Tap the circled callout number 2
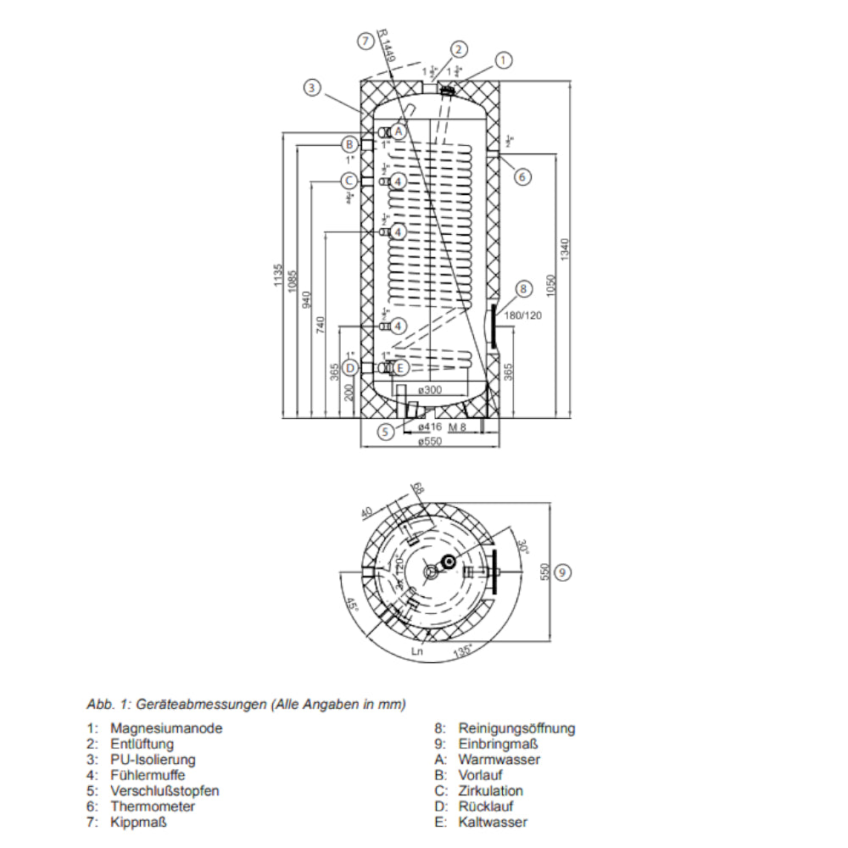[x=459, y=49]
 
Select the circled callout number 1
[x=505, y=60]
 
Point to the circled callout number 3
[x=313, y=86]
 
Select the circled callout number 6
[x=522, y=176]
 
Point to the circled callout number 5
[x=387, y=432]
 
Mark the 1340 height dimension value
[x=566, y=248]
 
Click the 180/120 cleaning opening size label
[x=522, y=315]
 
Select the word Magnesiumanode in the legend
[x=166, y=728]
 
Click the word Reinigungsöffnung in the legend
[x=516, y=728]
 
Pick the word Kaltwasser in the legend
[x=493, y=822]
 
